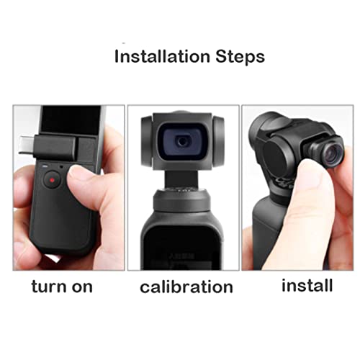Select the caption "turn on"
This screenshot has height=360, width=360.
pyautogui.click(x=62, y=286)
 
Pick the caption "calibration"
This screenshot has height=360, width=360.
pyautogui.click(x=186, y=287)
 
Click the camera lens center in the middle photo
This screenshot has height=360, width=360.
pyautogui.click(x=184, y=142)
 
